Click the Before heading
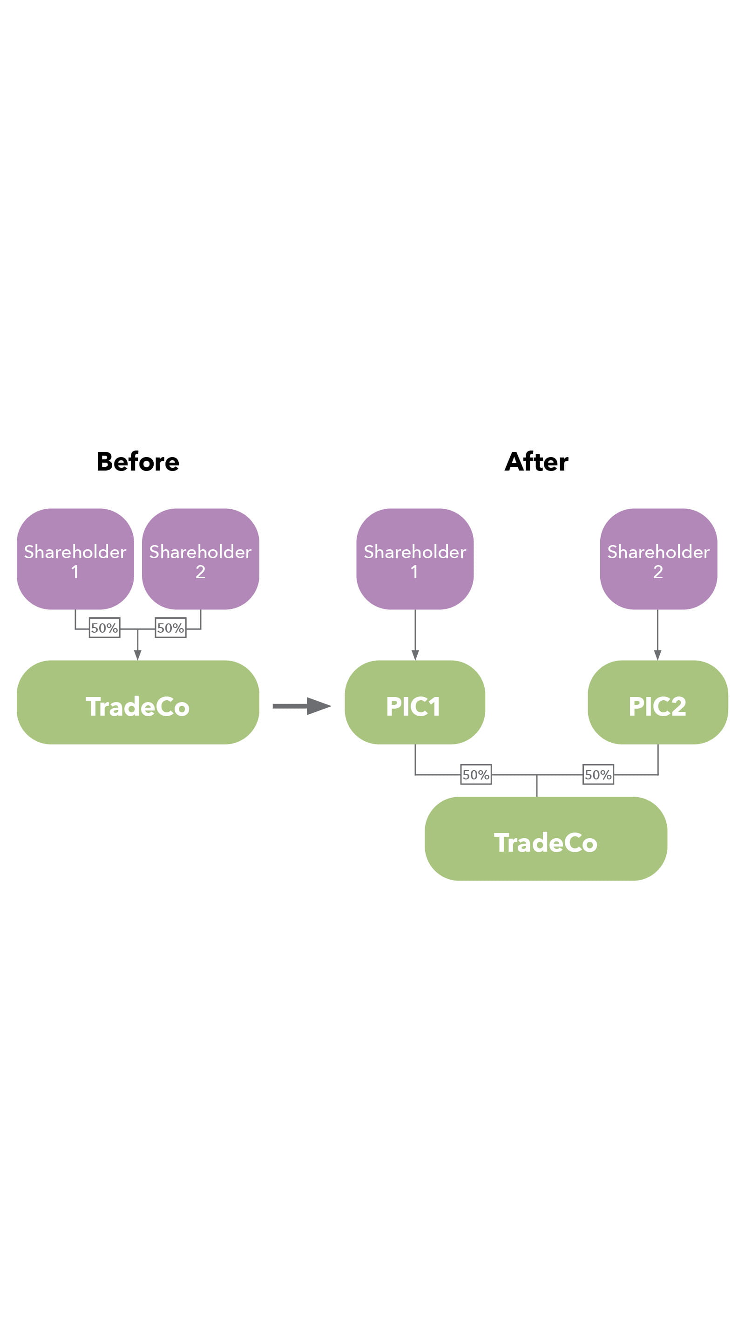point(138,461)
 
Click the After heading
point(536,461)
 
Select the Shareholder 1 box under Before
point(75,559)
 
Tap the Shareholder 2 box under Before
point(200,559)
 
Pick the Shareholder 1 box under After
point(414,559)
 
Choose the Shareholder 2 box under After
point(658,559)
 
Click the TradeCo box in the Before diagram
point(138,702)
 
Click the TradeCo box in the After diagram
point(546,839)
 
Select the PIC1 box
point(414,702)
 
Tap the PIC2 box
point(657,702)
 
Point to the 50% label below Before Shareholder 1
point(104,628)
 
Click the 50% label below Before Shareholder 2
point(171,628)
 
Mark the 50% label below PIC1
point(475,774)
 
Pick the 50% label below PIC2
point(598,774)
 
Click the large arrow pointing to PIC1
point(302,706)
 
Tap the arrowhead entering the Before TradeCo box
point(137,655)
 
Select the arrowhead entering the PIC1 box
point(415,655)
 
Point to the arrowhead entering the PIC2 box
point(657,655)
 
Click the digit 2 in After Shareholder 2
point(657,572)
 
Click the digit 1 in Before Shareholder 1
point(75,572)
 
